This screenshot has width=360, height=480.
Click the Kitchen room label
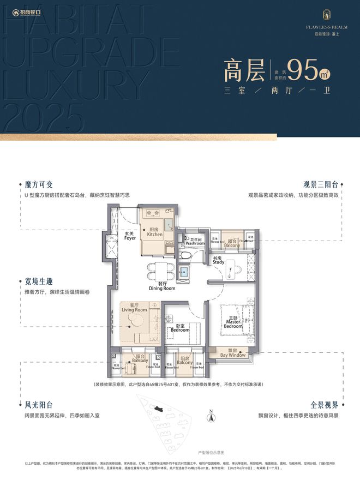(x=154, y=232)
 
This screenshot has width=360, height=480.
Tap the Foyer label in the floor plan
(x=129, y=236)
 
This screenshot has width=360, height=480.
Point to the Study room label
(x=219, y=260)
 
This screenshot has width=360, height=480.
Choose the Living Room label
(x=134, y=308)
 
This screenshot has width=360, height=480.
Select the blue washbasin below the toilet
(x=184, y=271)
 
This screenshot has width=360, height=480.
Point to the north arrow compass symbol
(x=209, y=416)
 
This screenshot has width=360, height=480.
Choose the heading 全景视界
(x=326, y=405)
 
